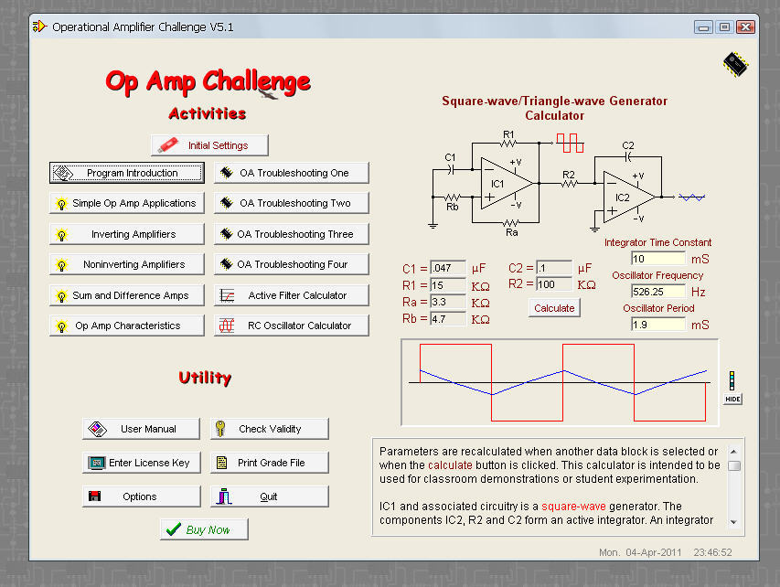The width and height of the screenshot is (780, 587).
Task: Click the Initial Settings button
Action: coord(209,145)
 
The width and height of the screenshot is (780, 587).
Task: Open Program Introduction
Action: coord(126,173)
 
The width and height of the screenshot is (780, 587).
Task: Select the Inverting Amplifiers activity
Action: coord(126,234)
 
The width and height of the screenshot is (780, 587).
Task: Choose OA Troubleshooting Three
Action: coord(292,234)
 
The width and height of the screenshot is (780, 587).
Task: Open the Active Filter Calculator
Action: coord(292,295)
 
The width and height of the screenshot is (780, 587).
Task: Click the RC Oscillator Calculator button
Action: coord(292,326)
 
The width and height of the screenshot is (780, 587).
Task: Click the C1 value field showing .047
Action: coord(448,269)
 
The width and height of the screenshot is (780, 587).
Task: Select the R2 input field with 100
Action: coord(554,284)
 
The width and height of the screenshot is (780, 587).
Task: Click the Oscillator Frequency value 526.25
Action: coord(657,292)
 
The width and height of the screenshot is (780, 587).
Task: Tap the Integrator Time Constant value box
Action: coord(657,259)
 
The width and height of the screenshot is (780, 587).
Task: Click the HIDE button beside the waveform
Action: coord(732,400)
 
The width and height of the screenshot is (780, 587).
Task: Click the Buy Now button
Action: coord(204,529)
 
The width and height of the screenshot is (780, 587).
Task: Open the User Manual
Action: coord(141,429)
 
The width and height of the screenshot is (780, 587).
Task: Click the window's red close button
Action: coord(745,27)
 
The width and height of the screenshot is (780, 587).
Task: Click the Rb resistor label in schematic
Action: coord(453,208)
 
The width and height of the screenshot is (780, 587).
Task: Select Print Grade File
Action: coord(270,463)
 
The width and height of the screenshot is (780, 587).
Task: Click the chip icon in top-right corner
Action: coord(734,63)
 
